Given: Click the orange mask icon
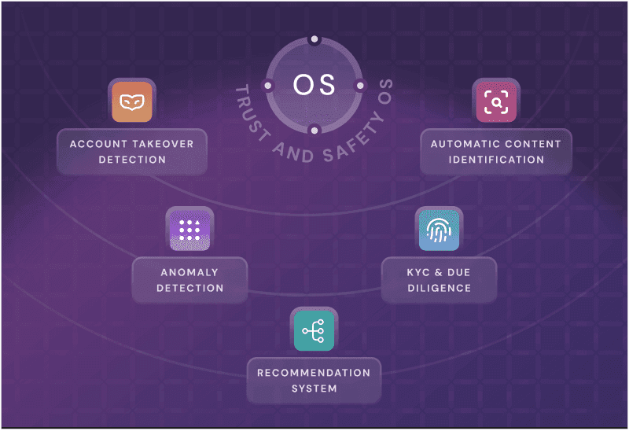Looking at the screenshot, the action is [x=131, y=101].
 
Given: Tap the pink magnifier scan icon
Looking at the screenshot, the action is [x=496, y=101].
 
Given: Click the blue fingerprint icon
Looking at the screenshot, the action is [x=439, y=230].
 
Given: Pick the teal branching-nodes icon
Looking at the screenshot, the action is [x=314, y=330].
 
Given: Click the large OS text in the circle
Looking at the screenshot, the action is [x=314, y=85].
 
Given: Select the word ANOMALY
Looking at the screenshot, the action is [x=189, y=272].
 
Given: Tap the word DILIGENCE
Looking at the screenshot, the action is [x=439, y=288].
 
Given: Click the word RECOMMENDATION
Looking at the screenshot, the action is [x=314, y=373].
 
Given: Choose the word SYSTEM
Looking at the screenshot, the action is [x=314, y=389].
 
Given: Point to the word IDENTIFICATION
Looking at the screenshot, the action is [x=496, y=160].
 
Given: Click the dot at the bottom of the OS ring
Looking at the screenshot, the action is [x=314, y=130].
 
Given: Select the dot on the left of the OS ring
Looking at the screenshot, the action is [x=267, y=85].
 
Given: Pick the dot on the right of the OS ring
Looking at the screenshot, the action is [x=360, y=85].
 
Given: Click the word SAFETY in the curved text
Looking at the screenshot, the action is [x=345, y=146].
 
